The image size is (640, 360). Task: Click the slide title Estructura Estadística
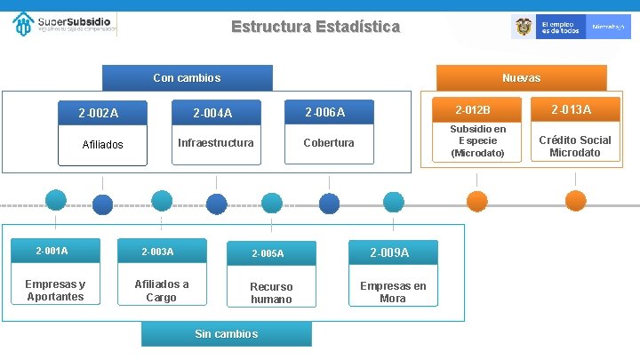[x=316, y=27]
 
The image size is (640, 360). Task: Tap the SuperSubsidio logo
[x=65, y=24]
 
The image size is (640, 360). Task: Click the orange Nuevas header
[x=521, y=78]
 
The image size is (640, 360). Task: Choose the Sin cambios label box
[x=226, y=333]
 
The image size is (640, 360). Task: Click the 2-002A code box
[x=99, y=113]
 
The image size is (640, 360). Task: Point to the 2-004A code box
[x=213, y=113]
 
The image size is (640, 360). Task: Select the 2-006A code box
[x=325, y=112]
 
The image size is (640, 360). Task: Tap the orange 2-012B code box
[x=473, y=110]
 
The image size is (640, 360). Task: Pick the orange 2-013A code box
[x=571, y=109]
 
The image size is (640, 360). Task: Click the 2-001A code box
[x=52, y=251]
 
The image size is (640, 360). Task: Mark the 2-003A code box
[x=160, y=252]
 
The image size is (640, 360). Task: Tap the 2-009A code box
[x=391, y=252]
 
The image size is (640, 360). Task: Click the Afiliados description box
[x=103, y=144]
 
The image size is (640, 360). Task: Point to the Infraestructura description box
[x=215, y=143]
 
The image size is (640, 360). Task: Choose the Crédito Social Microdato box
[x=574, y=146]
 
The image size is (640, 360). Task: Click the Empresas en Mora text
[x=392, y=292]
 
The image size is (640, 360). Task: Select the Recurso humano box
[x=270, y=292]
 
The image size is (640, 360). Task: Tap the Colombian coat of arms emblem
[x=524, y=28]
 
